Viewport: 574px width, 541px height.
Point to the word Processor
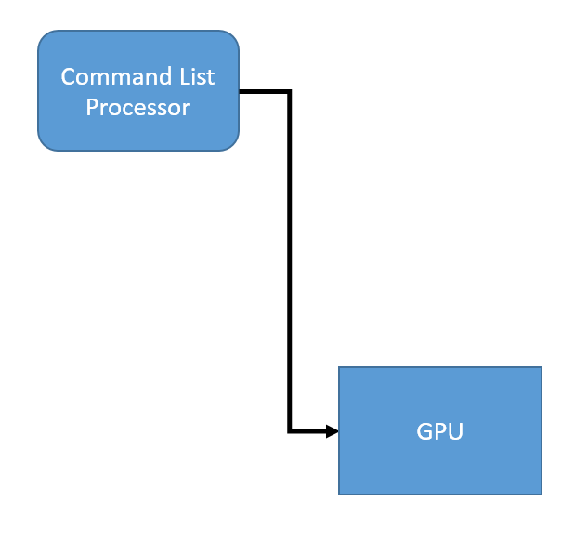[x=138, y=107]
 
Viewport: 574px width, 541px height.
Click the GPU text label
[x=439, y=431]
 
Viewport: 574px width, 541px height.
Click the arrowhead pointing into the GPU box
[x=332, y=430]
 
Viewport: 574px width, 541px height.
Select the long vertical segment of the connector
[x=290, y=260]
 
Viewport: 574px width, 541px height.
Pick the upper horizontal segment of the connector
[x=265, y=91]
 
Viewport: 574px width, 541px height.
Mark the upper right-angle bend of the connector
[x=290, y=91]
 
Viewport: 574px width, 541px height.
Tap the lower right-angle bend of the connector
[x=290, y=430]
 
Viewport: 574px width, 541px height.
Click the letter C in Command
[x=68, y=76]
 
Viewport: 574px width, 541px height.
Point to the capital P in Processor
[x=92, y=107]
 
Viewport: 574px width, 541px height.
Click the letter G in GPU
[x=424, y=431]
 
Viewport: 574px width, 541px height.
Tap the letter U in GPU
[x=454, y=431]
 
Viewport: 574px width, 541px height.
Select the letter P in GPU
[x=439, y=431]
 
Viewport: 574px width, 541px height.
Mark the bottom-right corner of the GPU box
[x=540, y=493]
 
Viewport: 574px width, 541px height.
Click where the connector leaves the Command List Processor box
[x=241, y=91]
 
